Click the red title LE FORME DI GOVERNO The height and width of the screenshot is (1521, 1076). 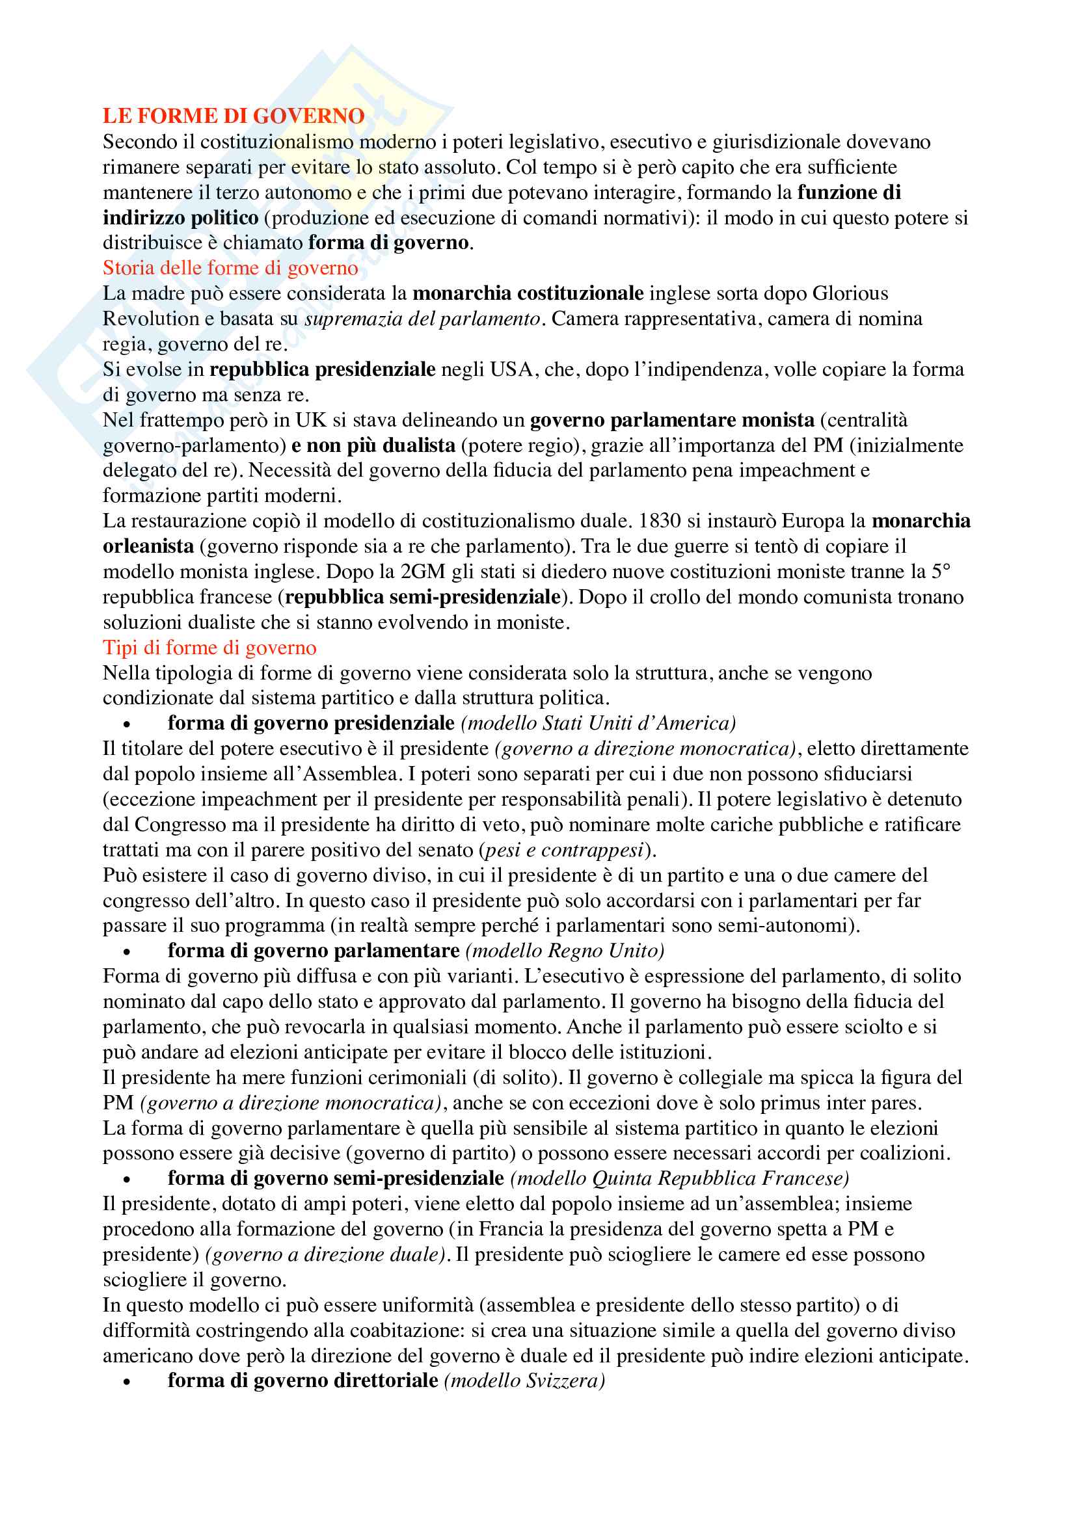[x=234, y=116]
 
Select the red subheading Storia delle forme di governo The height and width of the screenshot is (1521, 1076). [x=230, y=269]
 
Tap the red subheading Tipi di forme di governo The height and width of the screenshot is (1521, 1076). [x=209, y=648]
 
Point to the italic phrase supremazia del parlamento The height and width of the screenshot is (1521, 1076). [x=422, y=319]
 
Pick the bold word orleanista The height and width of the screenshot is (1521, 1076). [x=148, y=546]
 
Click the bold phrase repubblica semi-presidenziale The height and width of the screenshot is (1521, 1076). [x=422, y=598]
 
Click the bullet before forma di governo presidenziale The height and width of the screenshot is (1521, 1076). [x=126, y=724]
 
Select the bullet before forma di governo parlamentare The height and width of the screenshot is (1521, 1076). [x=126, y=953]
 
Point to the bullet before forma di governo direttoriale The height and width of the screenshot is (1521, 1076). [x=126, y=1382]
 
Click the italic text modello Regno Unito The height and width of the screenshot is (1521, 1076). [x=565, y=951]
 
